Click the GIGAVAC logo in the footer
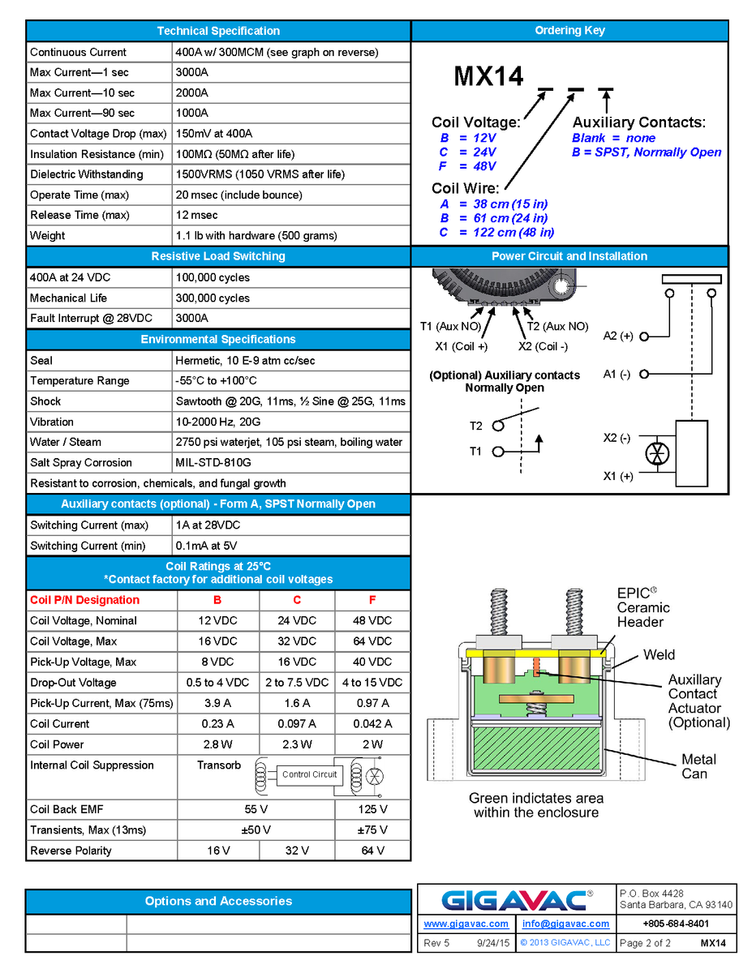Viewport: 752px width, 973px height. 517,900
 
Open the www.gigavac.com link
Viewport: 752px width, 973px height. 466,924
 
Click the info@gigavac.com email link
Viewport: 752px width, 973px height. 565,924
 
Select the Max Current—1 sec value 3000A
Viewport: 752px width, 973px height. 192,72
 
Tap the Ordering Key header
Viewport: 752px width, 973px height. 569,31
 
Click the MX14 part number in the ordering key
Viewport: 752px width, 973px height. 488,77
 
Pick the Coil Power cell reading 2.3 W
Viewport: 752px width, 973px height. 297,744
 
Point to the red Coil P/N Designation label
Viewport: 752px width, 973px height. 85,600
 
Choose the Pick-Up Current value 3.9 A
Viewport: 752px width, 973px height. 217,703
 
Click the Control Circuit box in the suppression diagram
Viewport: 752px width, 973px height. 309,774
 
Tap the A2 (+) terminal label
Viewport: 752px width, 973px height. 618,336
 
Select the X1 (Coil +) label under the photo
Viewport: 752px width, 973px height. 462,346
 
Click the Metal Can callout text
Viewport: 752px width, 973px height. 698,766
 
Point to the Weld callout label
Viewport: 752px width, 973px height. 659,654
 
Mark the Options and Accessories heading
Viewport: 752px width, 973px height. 218,901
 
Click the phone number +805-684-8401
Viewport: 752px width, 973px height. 676,924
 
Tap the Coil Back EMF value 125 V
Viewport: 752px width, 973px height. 372,809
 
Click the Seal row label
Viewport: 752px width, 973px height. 41,360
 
